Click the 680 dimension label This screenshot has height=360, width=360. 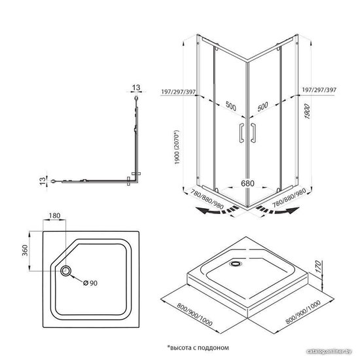247,183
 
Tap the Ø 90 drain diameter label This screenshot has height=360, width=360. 90,283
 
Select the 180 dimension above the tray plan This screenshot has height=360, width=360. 54,215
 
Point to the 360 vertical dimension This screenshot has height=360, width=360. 25,251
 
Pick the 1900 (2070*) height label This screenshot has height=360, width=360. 177,147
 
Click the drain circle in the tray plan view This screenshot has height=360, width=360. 65,271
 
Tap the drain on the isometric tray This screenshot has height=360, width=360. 236,263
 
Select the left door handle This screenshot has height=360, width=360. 242,133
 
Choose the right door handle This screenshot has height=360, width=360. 253,133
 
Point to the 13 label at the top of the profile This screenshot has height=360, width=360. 136,88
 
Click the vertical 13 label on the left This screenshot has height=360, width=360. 43,181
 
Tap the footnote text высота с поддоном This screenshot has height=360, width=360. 199,348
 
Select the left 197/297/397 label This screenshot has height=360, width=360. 179,92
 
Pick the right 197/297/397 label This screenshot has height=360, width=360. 319,90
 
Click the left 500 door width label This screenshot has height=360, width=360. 231,106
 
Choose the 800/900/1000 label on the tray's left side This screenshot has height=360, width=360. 194,315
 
